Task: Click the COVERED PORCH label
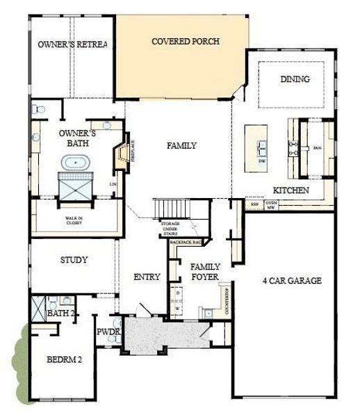point(186,42)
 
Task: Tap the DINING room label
point(295,79)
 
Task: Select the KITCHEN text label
point(291,190)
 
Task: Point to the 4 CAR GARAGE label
point(292,281)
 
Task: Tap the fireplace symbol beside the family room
point(123,154)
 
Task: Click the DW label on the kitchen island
point(262,161)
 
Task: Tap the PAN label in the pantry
point(317,148)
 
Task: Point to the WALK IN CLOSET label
point(74,220)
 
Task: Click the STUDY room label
point(74,261)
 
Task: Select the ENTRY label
point(147,277)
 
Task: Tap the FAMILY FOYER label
point(205,272)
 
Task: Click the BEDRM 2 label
point(64,360)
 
